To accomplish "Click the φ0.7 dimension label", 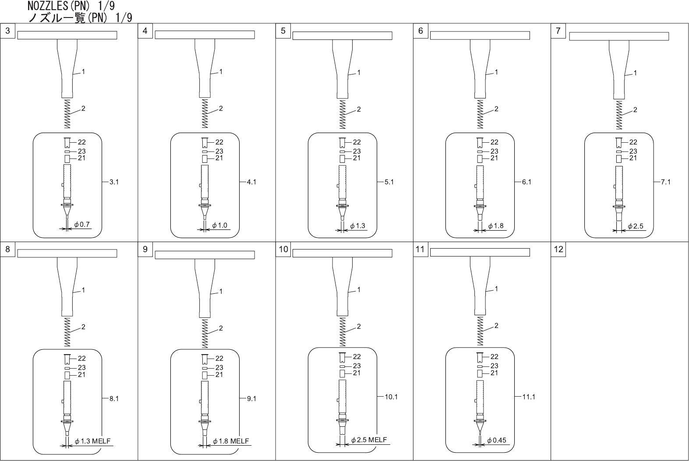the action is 82,225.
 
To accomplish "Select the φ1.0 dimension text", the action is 219,225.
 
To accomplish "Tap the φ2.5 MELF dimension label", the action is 369,440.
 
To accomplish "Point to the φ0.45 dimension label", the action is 496,440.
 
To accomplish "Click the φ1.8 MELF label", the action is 231,441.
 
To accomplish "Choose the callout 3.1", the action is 113,182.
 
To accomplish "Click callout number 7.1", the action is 665,182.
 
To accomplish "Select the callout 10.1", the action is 391,397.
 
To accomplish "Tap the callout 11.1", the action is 529,397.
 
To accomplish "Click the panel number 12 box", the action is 558,249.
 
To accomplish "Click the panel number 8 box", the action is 7,249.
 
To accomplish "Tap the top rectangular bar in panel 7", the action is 618,36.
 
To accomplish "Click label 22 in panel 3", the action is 81,142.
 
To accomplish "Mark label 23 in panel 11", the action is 494,366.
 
